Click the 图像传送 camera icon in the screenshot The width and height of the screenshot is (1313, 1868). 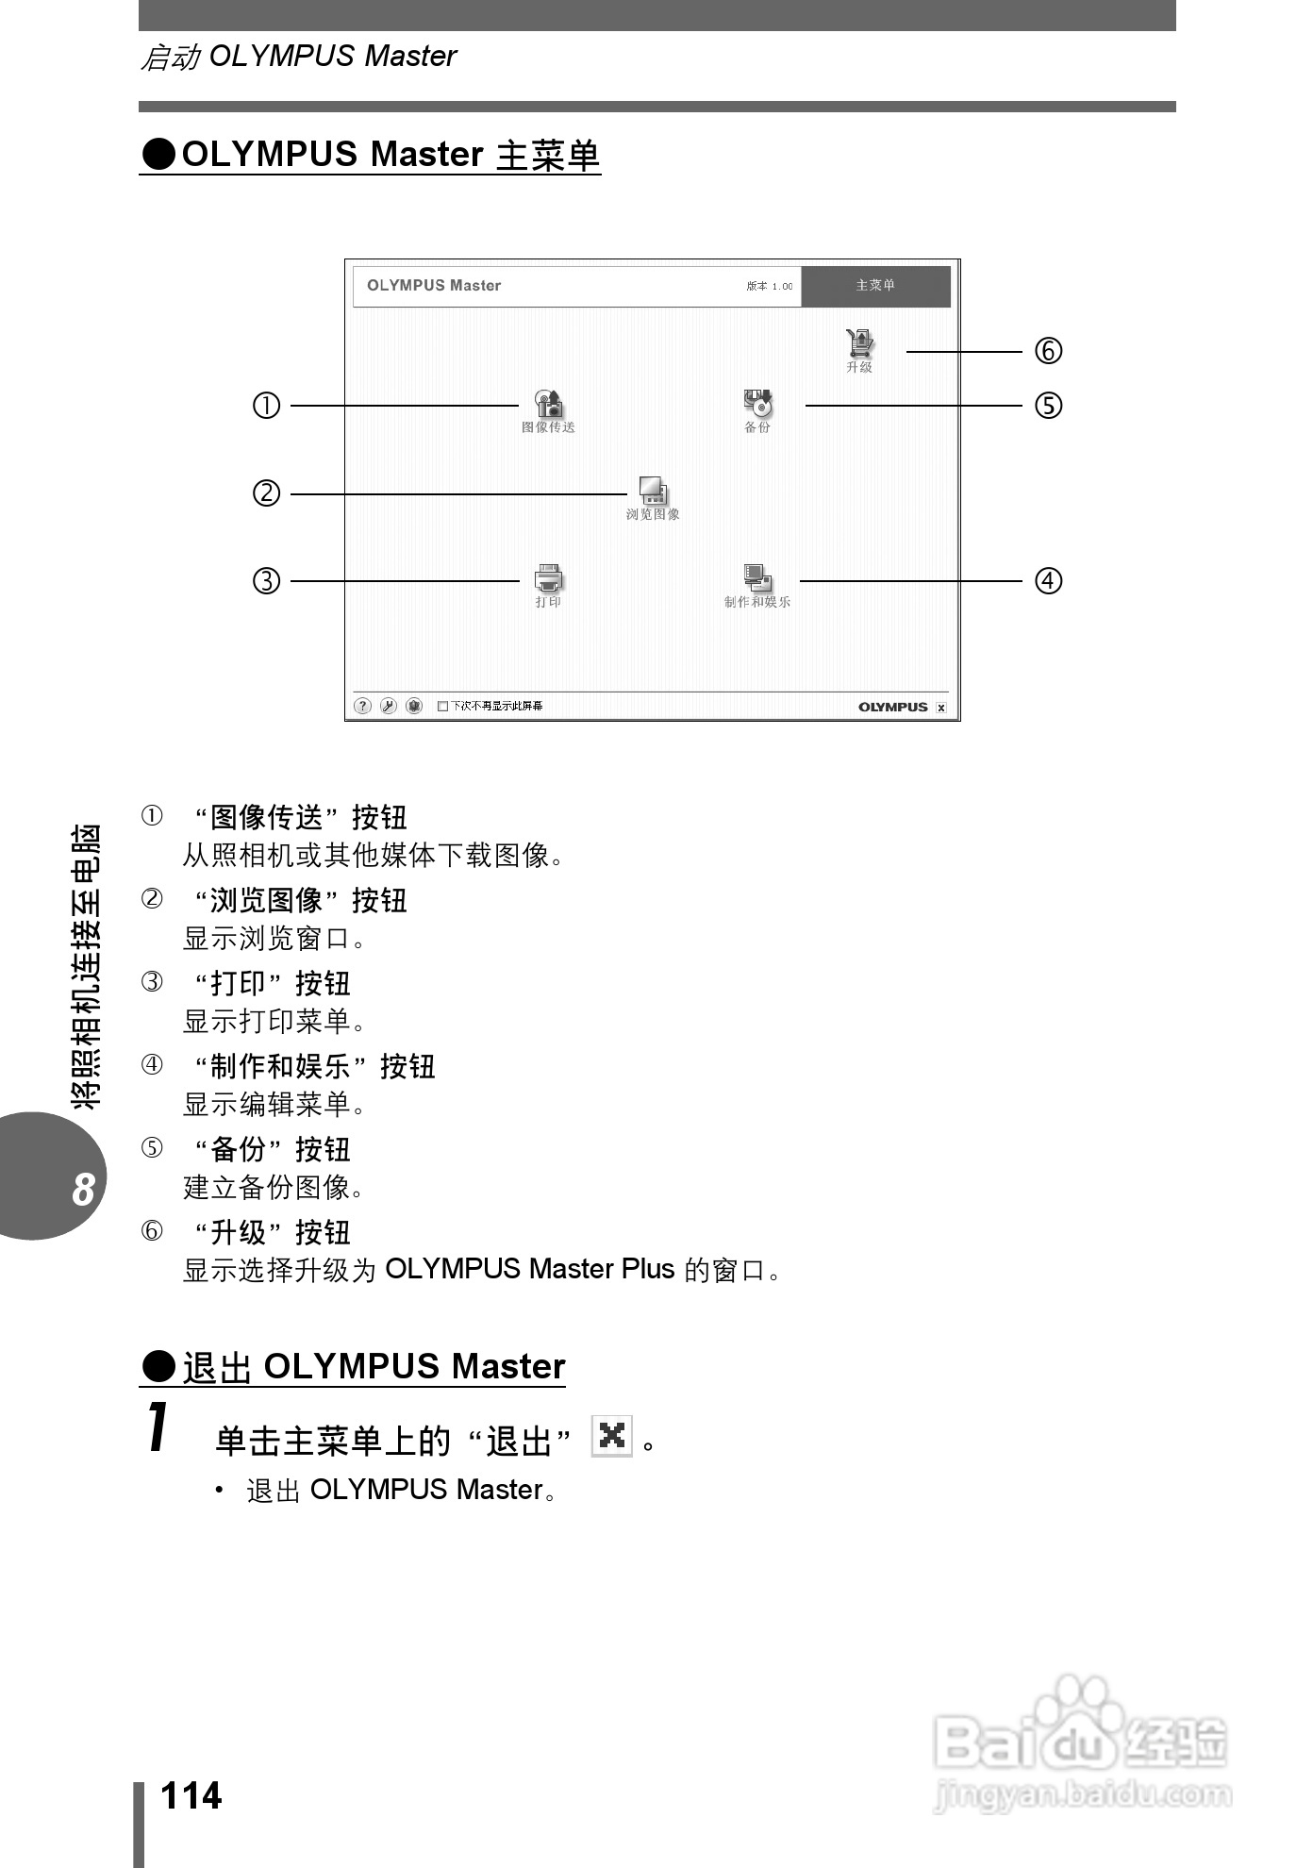pos(549,404)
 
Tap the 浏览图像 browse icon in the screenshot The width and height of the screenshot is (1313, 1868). pos(653,491)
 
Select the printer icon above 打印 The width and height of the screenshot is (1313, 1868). pos(548,578)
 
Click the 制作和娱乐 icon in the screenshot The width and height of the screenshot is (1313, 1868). pos(756,578)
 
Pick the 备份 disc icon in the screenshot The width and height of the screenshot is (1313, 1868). pos(757,403)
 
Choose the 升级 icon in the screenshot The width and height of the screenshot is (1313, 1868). pos(859,343)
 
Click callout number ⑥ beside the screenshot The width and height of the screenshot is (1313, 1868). pos(1048,351)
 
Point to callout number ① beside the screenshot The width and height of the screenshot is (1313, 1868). pos(267,406)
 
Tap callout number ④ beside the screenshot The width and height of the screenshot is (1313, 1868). pos(1048,580)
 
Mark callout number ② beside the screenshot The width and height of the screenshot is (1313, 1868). pos(267,492)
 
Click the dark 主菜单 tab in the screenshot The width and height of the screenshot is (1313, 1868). pos(875,286)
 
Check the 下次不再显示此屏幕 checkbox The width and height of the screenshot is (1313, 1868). pos(443,706)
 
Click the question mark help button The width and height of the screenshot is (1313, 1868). pos(362,706)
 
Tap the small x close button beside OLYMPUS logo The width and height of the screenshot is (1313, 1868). pos(940,707)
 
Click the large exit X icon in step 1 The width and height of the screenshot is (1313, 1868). pos(611,1436)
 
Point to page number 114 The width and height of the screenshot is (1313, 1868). pos(191,1795)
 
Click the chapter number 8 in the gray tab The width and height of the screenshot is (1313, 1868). pos(83,1190)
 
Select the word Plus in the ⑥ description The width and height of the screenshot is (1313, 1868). pos(648,1269)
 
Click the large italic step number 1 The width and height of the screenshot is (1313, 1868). pos(158,1427)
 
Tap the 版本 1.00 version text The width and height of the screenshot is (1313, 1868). pos(770,286)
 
